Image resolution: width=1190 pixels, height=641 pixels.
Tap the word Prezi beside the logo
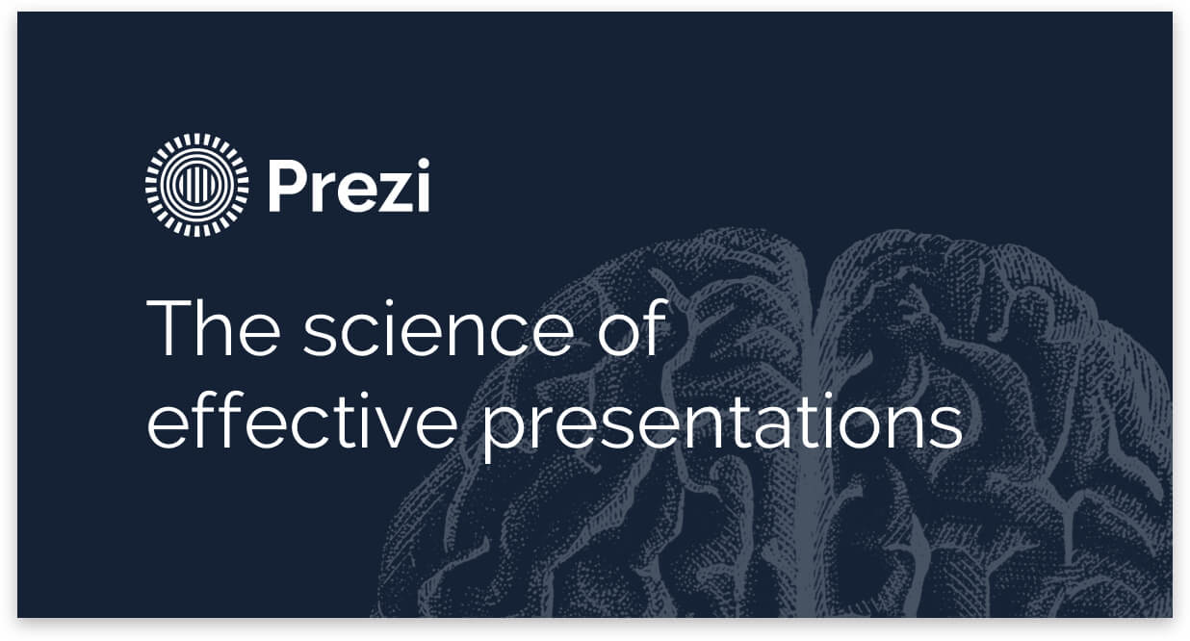click(x=349, y=188)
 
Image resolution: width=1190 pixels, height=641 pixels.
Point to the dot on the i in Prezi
click(x=420, y=166)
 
